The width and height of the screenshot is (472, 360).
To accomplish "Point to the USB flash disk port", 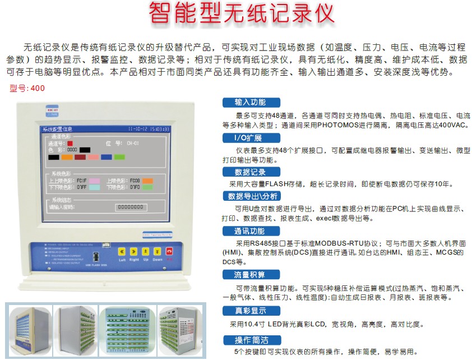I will (96, 257).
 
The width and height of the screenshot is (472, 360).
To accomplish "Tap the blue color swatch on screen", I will (107, 157).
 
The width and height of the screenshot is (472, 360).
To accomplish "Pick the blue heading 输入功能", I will (250, 102).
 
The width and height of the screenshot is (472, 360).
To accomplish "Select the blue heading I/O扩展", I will (247, 138).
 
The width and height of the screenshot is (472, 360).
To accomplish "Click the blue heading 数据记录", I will (250, 172).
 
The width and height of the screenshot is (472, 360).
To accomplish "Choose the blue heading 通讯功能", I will (250, 231).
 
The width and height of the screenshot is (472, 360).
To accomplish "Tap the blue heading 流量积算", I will (250, 274).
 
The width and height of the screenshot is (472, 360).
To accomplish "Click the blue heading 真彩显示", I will (250, 311).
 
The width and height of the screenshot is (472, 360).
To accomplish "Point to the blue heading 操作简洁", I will (250, 340).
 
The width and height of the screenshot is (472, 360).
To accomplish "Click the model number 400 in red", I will (38, 89).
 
